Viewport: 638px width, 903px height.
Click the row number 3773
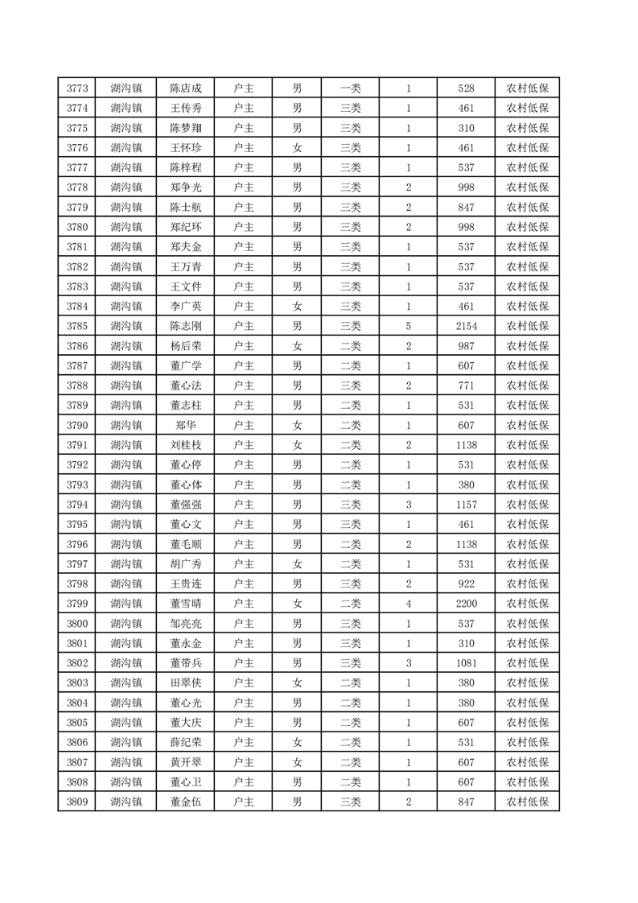[77, 89]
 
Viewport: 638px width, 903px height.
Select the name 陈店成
[186, 89]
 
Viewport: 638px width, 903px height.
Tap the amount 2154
[466, 326]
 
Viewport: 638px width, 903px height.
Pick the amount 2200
[466, 604]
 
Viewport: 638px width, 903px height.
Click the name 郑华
[186, 425]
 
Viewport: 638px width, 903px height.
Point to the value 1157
[466, 505]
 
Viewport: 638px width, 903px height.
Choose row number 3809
[77, 802]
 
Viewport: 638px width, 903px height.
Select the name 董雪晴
[186, 604]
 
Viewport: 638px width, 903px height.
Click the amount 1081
[466, 663]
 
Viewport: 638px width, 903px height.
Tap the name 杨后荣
[186, 346]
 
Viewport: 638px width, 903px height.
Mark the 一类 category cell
[350, 89]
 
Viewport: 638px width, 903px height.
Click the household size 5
[409, 326]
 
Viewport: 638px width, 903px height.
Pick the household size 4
[409, 604]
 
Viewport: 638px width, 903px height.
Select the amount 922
[466, 583]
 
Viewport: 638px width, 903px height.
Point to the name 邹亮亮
[186, 624]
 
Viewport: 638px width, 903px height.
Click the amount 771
[466, 386]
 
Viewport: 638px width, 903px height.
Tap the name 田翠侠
[186, 682]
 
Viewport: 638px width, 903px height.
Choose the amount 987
[466, 346]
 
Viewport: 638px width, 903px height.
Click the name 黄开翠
[186, 762]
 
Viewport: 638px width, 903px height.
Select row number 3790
[77, 425]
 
